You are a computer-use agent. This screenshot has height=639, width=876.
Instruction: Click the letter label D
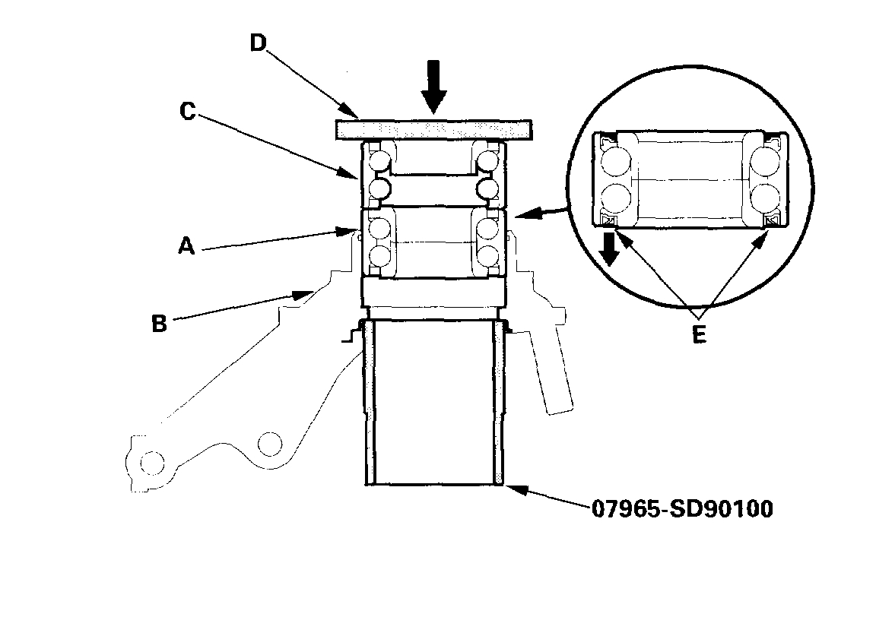coord(257,43)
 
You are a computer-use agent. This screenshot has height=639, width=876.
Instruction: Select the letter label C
coord(188,112)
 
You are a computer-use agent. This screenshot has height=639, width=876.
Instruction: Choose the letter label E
coord(699,334)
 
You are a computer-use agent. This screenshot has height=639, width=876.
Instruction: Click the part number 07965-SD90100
coord(682,508)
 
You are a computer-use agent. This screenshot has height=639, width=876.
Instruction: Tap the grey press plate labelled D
coord(432,128)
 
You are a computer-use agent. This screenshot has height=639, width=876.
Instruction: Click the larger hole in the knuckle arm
coord(269,443)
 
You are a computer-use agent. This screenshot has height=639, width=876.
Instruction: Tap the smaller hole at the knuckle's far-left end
coord(151,462)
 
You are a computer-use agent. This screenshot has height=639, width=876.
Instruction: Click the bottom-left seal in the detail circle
coord(609,220)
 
